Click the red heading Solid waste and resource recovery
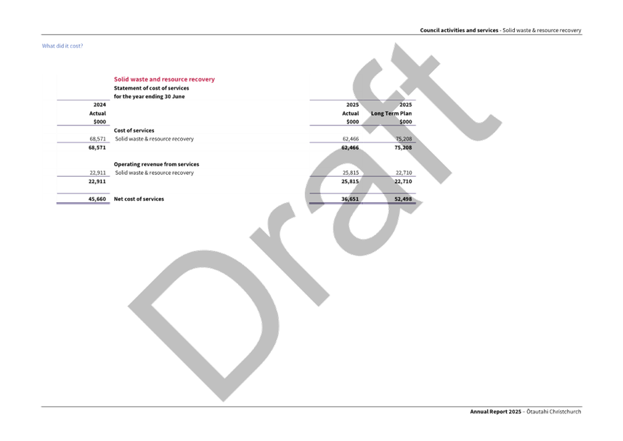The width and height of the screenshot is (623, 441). [164, 79]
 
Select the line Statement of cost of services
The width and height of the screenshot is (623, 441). [151, 88]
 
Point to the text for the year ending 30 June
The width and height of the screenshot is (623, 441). [149, 97]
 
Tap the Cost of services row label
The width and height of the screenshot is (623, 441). [134, 131]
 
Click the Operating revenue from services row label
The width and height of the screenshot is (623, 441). [156, 164]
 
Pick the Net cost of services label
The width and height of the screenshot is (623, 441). [139, 199]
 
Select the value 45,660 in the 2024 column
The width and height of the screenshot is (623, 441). [97, 199]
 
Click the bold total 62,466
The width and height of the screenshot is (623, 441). [350, 147]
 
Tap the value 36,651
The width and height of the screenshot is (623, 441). [350, 199]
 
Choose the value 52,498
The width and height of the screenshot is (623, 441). [402, 199]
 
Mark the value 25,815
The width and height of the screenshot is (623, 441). [350, 181]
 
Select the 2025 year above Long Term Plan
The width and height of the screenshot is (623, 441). [406, 105]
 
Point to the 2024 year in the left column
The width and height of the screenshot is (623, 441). [99, 105]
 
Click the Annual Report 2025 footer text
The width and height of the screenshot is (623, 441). [496, 412]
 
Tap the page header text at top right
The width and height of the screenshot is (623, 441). [501, 30]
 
